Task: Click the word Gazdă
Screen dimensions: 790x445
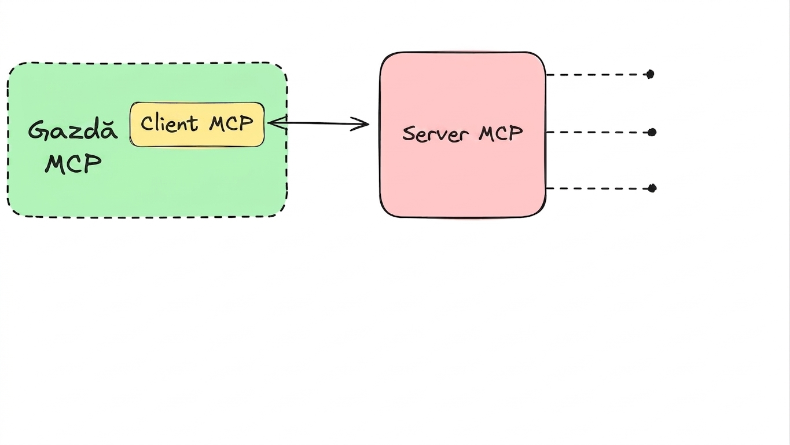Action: click(x=73, y=130)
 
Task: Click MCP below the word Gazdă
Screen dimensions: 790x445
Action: click(x=74, y=164)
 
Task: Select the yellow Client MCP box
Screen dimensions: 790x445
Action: click(x=197, y=125)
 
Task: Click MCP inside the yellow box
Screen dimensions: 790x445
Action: click(x=232, y=123)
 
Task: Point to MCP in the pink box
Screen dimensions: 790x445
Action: click(x=501, y=133)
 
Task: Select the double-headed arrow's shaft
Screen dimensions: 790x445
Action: click(x=318, y=123)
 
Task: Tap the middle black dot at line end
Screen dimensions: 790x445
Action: click(x=652, y=132)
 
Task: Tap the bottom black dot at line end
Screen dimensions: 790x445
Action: click(x=652, y=188)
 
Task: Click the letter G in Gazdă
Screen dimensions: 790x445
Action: click(x=38, y=131)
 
